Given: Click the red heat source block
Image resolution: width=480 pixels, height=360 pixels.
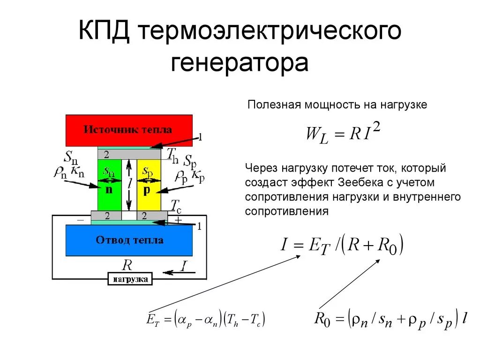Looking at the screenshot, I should (129, 130).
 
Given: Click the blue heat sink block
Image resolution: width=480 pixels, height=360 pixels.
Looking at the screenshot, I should (129, 240).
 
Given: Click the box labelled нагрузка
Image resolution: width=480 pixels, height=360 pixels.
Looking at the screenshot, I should (130, 280).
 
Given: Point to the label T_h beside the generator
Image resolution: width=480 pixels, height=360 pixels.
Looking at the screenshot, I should (172, 154).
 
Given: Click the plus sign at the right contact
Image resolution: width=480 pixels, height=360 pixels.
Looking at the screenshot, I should (178, 219).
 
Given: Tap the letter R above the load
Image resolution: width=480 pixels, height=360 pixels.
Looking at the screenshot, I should (127, 265).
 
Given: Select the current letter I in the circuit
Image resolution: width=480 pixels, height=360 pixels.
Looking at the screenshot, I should (184, 267).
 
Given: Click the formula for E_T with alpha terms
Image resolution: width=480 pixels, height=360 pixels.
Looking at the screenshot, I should (206, 320).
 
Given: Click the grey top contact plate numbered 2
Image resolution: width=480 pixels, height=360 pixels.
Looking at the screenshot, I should (129, 154).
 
